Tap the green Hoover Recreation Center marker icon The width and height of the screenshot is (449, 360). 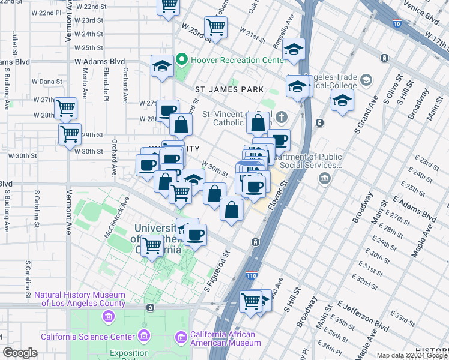click(183, 61)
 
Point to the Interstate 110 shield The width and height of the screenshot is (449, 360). click(252, 275)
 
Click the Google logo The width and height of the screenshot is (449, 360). click(20, 353)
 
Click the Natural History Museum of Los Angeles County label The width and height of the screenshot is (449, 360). click(80, 299)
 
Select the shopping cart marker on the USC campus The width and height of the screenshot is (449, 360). click(153, 245)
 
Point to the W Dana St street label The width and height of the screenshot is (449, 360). click(47, 81)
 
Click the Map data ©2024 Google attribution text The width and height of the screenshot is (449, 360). click(412, 355)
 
